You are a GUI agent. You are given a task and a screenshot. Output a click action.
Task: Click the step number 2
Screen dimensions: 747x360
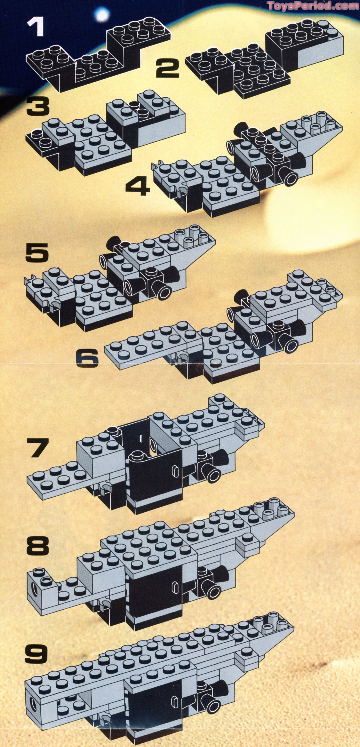tap(167, 68)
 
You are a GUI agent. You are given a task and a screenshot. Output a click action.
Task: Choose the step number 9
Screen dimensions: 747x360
tap(36, 643)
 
